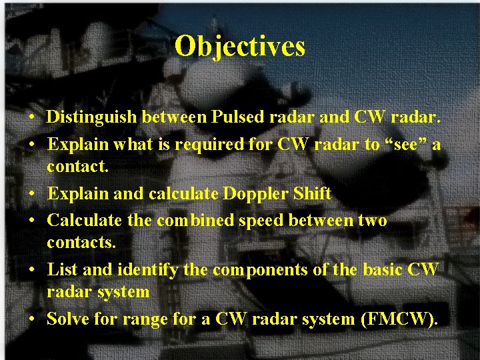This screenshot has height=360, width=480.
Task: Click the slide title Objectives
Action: coord(240,47)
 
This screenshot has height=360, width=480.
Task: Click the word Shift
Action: coord(312,194)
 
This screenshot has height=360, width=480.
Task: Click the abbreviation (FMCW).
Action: coord(399,319)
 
